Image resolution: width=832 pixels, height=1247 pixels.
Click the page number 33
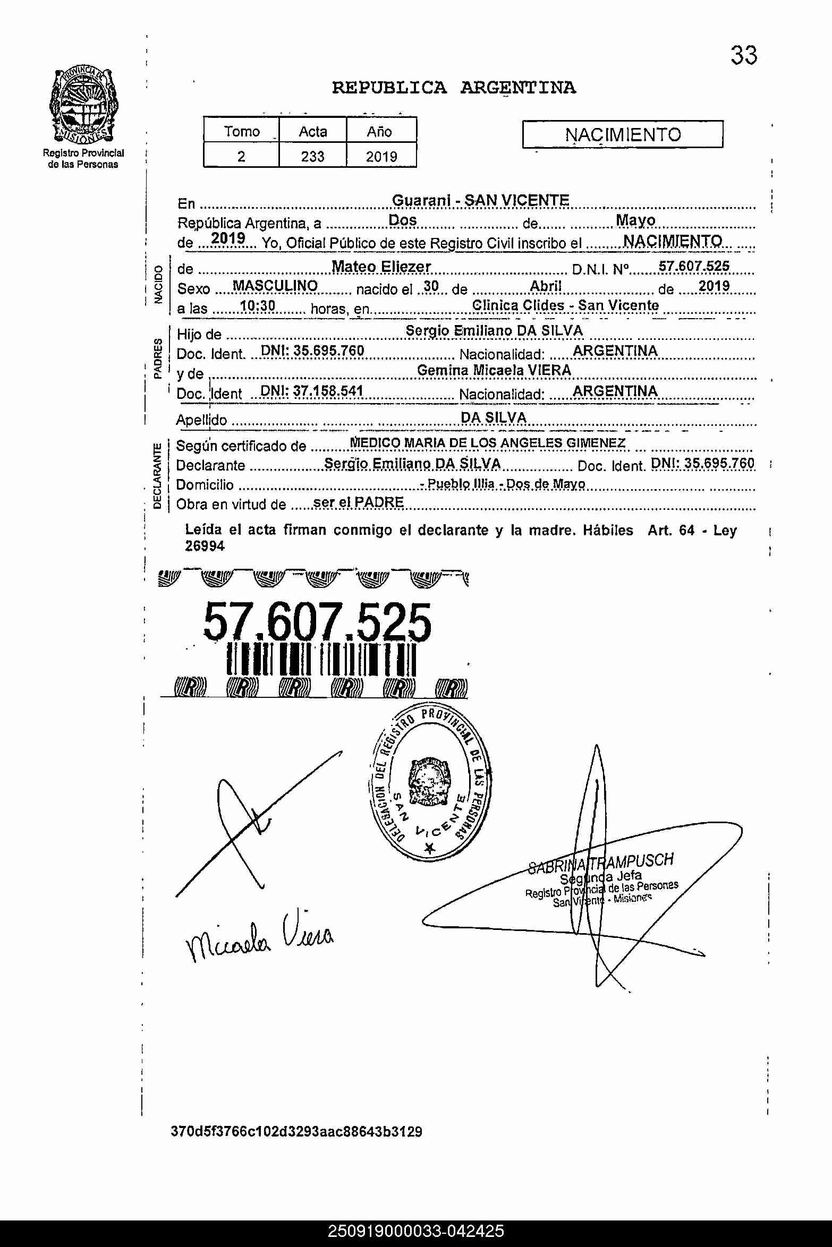[x=743, y=55]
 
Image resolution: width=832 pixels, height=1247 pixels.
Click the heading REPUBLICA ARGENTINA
[x=454, y=88]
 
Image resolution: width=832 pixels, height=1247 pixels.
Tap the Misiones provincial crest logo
[x=83, y=105]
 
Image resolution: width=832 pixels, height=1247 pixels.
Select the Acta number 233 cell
[x=312, y=156]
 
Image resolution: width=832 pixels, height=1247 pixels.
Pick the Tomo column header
[x=242, y=131]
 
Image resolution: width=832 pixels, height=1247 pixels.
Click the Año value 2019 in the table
[x=381, y=156]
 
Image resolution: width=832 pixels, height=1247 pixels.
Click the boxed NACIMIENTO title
[x=623, y=134]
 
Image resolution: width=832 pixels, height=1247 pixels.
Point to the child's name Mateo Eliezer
[x=381, y=267]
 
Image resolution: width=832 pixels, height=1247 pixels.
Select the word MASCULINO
[x=275, y=286]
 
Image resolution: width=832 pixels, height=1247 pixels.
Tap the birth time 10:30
[x=258, y=306]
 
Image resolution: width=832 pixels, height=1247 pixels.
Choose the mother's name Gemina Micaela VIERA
[x=494, y=370]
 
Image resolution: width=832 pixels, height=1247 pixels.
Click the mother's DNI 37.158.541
[x=312, y=391]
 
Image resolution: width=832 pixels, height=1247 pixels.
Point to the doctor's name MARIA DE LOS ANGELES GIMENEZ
[x=515, y=443]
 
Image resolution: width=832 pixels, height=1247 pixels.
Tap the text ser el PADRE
[x=359, y=502]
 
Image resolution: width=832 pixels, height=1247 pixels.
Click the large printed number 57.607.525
[x=317, y=622]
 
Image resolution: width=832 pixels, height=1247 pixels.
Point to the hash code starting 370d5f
[x=296, y=1132]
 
